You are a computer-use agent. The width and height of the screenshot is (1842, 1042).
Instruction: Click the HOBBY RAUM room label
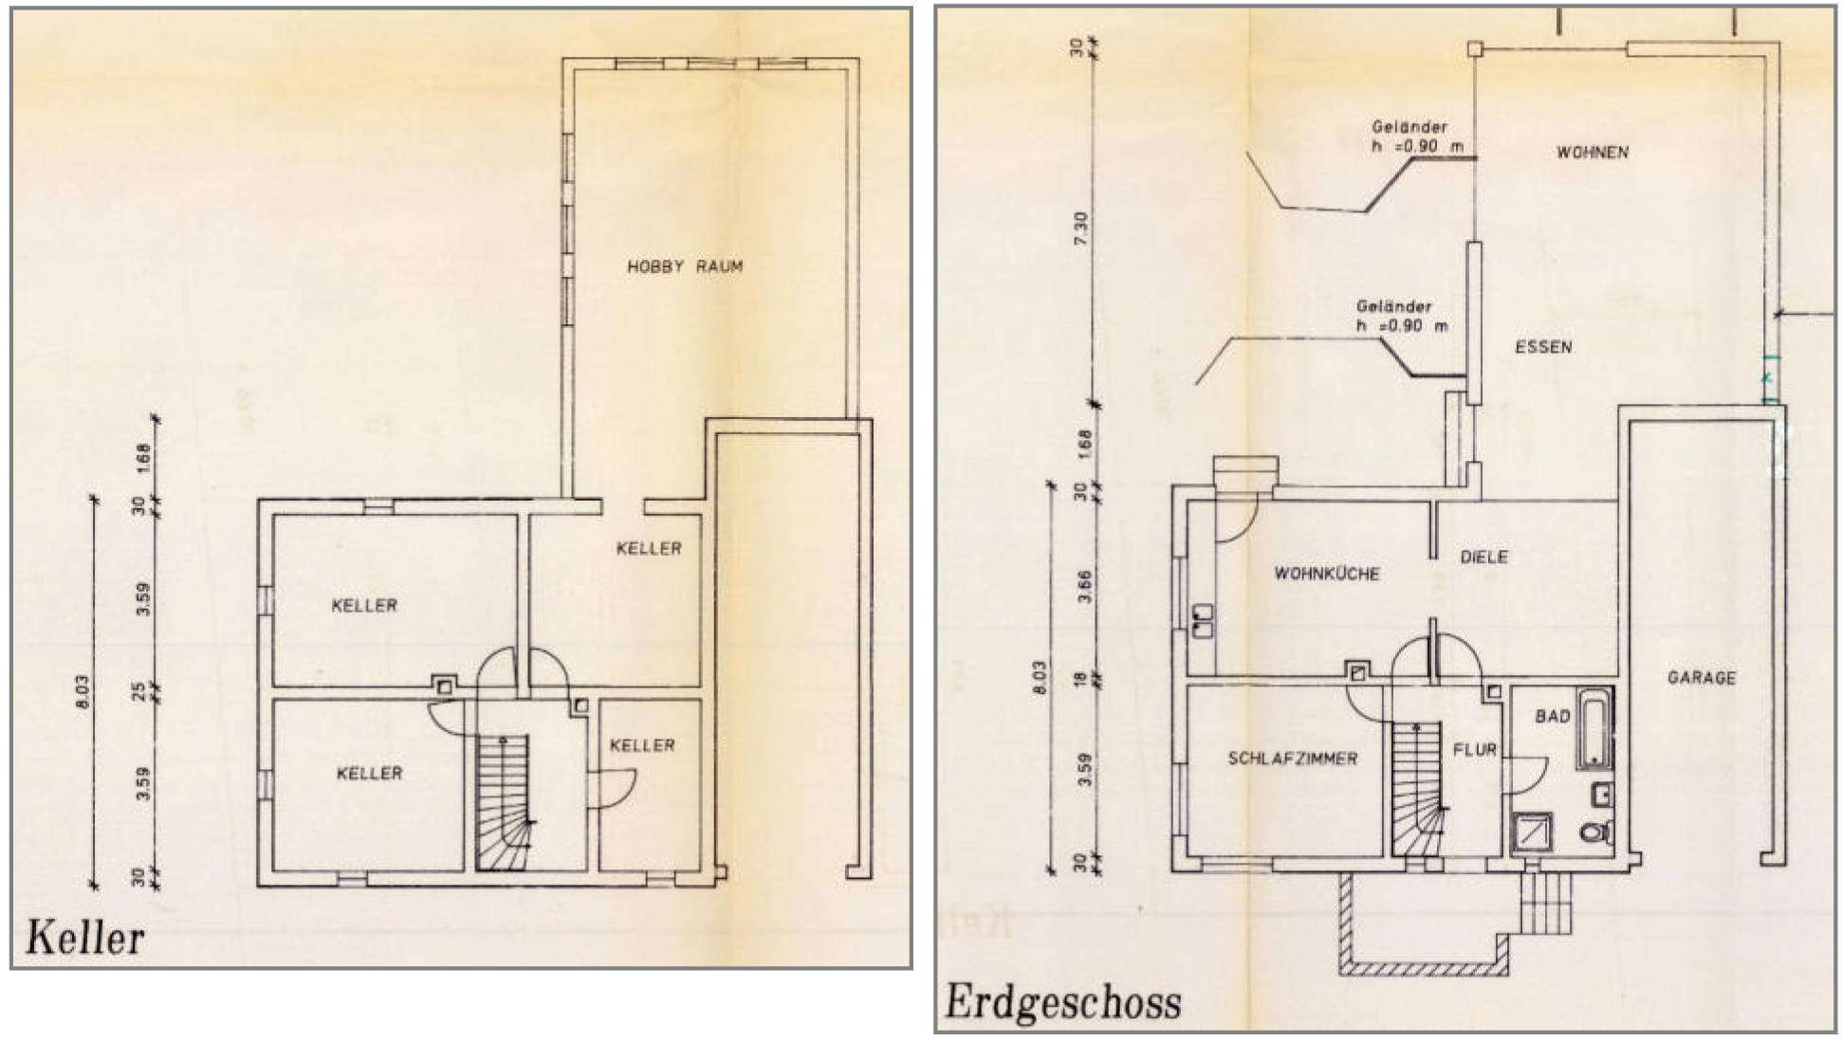coord(685,266)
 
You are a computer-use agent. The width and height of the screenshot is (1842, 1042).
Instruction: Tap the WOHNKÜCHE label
coord(1326,574)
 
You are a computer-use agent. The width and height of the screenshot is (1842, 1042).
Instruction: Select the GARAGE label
coord(1702,678)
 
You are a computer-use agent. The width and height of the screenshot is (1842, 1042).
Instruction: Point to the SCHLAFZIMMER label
coord(1292,759)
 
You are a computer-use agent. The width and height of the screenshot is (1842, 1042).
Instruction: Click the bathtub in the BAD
coord(1594,728)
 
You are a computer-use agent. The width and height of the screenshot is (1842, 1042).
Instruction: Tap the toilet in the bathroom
coord(1597,833)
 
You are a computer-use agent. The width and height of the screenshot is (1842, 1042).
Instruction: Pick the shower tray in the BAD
coord(1532,834)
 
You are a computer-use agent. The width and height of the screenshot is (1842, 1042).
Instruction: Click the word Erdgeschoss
coord(1062,1003)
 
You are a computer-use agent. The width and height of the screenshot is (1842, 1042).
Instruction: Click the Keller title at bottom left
coord(85,938)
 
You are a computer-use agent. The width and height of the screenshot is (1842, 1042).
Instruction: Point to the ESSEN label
coord(1543,347)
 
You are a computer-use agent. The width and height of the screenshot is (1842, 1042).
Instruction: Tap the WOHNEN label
coord(1593,152)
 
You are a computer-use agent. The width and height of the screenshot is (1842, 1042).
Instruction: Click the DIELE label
coord(1483,557)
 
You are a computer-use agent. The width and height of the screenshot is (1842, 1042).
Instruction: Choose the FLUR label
coord(1474,750)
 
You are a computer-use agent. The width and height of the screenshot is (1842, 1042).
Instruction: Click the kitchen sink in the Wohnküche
coord(1203,621)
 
